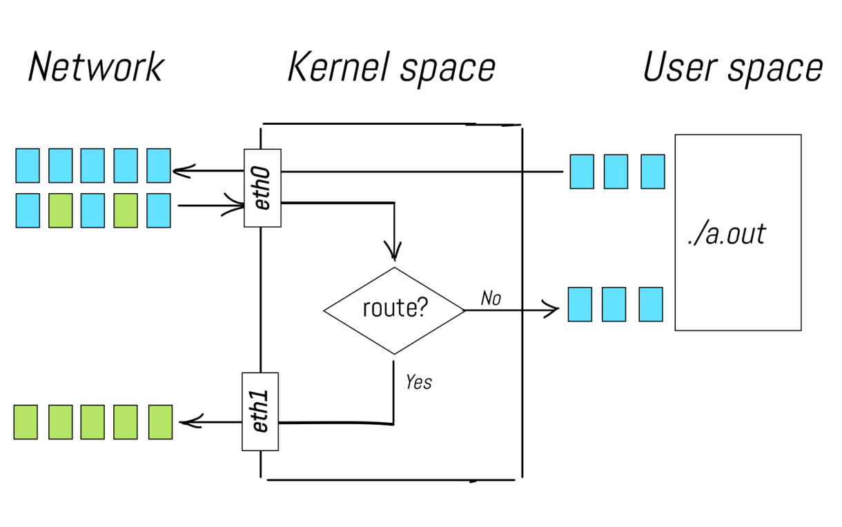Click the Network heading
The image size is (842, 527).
96,68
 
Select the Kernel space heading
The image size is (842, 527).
391,68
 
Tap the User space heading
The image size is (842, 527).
732,68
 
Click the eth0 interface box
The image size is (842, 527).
262,188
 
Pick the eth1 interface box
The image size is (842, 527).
260,412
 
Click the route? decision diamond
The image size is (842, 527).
394,310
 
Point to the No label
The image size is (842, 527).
491,298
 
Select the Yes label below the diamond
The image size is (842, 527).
418,381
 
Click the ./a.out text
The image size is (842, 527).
726,235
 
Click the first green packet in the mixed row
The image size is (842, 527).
61,210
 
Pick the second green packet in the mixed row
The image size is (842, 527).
126,210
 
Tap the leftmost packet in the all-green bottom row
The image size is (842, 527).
26,422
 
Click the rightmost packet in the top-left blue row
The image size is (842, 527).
159,166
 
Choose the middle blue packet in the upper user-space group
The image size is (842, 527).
616,172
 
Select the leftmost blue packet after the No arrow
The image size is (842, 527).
580,304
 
